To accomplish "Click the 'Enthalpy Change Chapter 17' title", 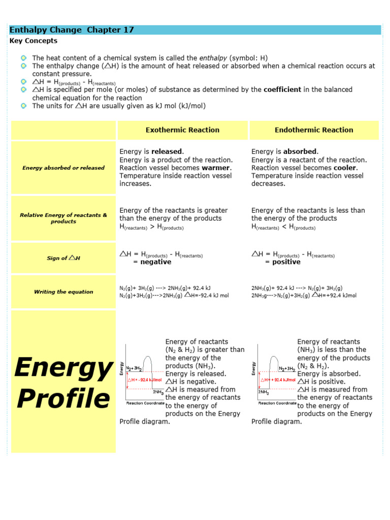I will point(72,30).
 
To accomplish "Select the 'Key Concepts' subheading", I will point(34,41).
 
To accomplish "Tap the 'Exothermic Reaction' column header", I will point(182,130).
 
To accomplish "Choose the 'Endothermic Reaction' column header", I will point(314,130).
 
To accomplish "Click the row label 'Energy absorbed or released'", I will point(63,168).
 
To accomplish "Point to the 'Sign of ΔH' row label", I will point(63,258).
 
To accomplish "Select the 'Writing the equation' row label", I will point(63,292).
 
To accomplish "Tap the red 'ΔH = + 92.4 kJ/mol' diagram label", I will point(278,379).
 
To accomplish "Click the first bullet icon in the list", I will point(24,58).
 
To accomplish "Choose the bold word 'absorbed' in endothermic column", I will point(300,151).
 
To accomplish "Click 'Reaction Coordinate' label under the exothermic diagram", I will point(145,403).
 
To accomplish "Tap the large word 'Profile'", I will point(63,399).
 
